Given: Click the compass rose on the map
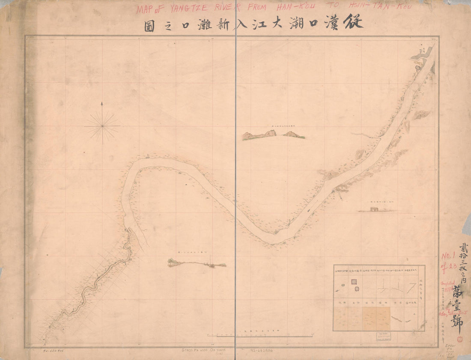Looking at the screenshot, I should (102, 125).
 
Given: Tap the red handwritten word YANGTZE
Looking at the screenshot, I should (190, 8).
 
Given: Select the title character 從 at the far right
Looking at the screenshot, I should (353, 22).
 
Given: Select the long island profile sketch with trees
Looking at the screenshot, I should (197, 264).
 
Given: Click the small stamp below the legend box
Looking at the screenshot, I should (379, 336).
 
